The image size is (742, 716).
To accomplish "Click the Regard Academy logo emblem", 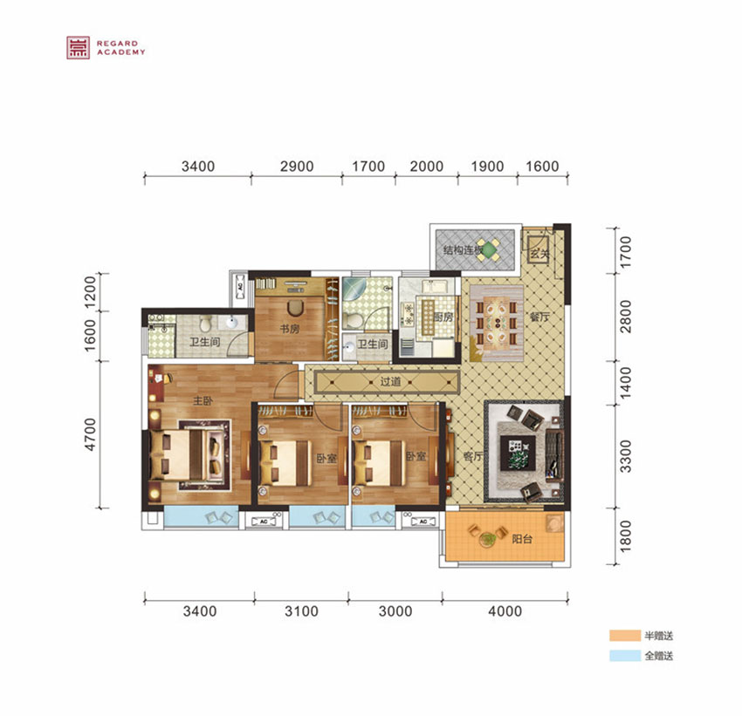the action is [x=78, y=48].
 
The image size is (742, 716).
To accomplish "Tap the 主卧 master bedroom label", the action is [x=203, y=401].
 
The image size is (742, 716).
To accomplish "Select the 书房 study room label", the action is [x=289, y=329].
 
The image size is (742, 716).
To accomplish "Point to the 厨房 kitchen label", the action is [x=443, y=317].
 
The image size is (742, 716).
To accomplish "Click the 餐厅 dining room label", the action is [x=539, y=317].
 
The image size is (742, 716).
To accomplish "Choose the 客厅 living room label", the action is [x=473, y=456].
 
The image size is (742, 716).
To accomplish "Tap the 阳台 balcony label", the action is [x=522, y=539].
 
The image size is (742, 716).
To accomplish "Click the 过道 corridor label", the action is [x=390, y=381].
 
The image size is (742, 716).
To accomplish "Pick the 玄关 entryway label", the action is [x=539, y=254].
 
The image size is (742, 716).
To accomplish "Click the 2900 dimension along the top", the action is [x=297, y=167].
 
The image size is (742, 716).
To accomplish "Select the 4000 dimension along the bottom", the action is [x=505, y=611].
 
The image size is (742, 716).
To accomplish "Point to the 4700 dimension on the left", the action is [x=90, y=434].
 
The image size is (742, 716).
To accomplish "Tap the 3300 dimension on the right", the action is [x=626, y=456].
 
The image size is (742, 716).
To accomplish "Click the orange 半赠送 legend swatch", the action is [x=625, y=636].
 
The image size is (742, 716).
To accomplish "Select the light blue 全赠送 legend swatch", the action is [x=625, y=656].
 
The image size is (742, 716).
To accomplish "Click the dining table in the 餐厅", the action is [x=497, y=324].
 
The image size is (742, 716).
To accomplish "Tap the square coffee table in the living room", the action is [x=519, y=453].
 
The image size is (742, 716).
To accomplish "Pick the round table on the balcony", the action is [x=486, y=538].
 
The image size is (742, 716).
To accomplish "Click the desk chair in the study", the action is [x=295, y=308].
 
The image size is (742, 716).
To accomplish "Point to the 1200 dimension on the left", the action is [x=90, y=291].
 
